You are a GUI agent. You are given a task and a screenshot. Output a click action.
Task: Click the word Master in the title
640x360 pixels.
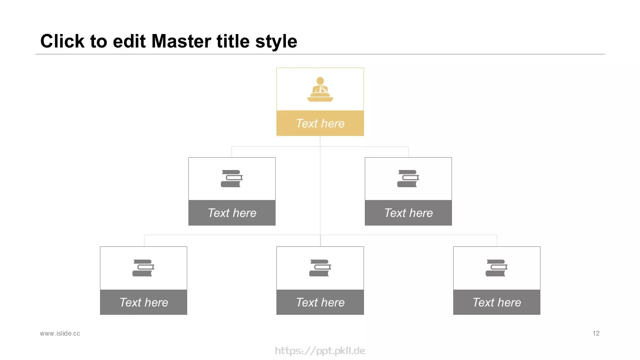coord(182,41)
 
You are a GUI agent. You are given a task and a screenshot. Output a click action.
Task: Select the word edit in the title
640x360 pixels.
coord(129,41)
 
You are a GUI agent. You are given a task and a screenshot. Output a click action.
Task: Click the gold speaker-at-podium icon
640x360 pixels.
coord(320,89)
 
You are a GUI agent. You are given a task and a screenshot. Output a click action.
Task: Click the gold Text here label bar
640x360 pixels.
coord(320,123)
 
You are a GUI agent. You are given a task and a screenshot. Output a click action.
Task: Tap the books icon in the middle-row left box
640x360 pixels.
coord(232,178)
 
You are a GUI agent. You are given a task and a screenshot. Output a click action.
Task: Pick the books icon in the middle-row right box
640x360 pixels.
coord(408,178)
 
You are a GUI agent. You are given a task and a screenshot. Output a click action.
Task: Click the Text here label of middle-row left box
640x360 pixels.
coord(232,213)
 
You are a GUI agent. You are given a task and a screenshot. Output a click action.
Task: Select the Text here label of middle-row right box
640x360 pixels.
coord(408,213)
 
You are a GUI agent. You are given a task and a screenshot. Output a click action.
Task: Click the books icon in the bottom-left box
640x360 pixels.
coord(144,268)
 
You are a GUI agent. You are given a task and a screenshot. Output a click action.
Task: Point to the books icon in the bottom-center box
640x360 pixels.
coord(320,268)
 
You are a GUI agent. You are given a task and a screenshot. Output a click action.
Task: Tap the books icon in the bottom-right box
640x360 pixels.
coord(496,268)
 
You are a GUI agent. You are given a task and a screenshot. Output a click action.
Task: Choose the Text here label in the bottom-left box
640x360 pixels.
coord(144,302)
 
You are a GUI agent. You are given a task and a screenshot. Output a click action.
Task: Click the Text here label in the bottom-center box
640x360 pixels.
coord(320,302)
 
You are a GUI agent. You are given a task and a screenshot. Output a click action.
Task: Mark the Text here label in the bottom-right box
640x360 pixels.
coord(496,302)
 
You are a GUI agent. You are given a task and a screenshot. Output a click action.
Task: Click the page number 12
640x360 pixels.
coord(596,334)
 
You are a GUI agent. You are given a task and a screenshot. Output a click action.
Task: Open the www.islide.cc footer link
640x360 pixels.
coord(60,334)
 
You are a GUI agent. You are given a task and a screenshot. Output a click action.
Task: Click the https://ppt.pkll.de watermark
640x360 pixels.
coord(320,350)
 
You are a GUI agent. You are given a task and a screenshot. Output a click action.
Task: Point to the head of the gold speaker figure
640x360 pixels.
coord(320,81)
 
